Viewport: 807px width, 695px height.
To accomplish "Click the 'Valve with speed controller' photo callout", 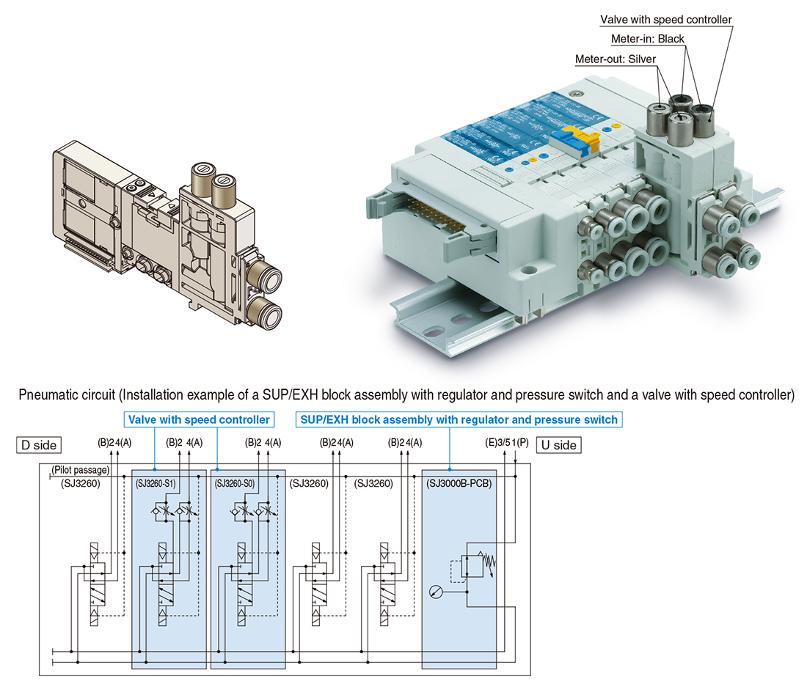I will [x=665, y=20].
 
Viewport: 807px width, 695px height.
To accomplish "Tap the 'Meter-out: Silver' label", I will [x=616, y=59].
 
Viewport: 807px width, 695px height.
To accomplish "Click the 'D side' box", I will [x=37, y=444].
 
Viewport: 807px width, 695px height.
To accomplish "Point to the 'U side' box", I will [x=558, y=445].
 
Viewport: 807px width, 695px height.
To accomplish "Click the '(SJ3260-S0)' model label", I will [x=238, y=484].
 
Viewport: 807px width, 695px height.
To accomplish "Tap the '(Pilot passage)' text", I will [x=81, y=470].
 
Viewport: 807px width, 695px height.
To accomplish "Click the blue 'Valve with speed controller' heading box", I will [x=199, y=420].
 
